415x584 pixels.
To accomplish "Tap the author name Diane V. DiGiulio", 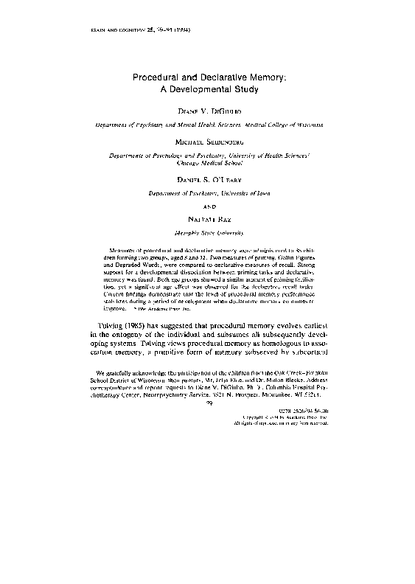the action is tap(207, 112).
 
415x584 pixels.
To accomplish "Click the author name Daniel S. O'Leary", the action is tap(207, 180).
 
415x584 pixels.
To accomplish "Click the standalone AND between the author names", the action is tap(207, 206).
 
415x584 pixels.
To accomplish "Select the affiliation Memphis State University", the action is tap(207, 232).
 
